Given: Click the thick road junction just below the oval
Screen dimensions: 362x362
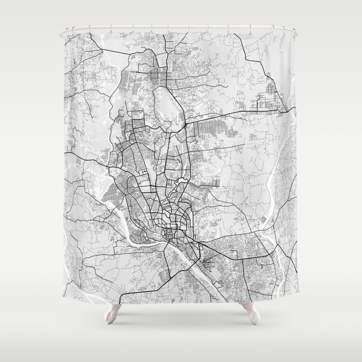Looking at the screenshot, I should click(183, 126).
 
